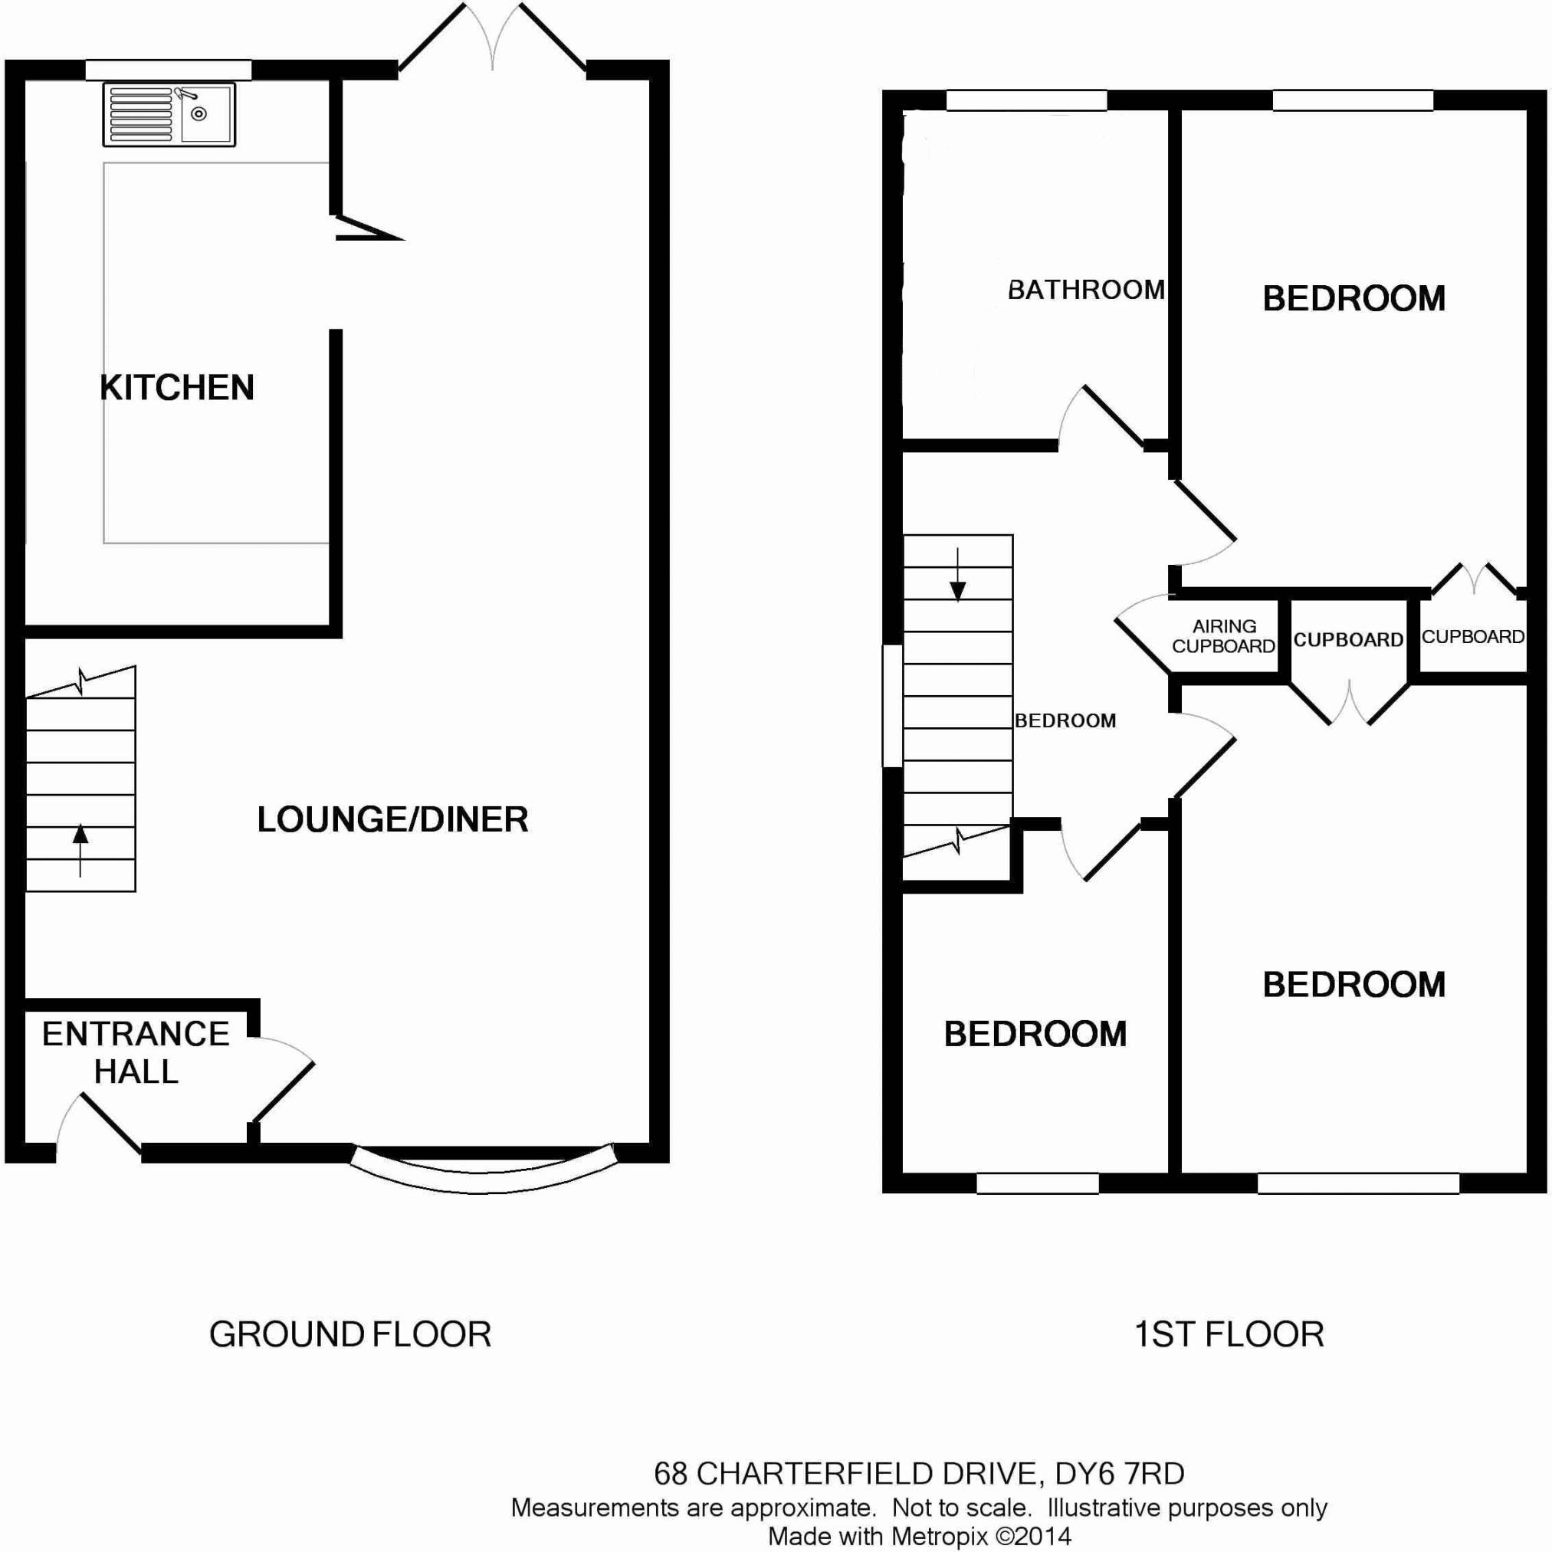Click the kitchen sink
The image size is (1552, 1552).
[x=169, y=115]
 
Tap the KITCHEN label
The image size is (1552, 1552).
[x=177, y=388]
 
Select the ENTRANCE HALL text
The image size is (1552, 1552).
[x=136, y=1052]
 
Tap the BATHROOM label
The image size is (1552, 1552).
[x=1086, y=289]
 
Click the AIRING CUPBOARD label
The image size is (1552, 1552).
[x=1223, y=636]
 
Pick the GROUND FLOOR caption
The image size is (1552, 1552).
[x=350, y=1335]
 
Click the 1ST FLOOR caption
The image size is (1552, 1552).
[x=1229, y=1335]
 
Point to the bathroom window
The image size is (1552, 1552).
[x=1027, y=100]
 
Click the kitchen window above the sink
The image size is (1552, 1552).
[x=169, y=71]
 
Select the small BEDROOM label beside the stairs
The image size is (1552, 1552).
[x=1065, y=721]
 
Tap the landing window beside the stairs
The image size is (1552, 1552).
[x=892, y=706]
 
